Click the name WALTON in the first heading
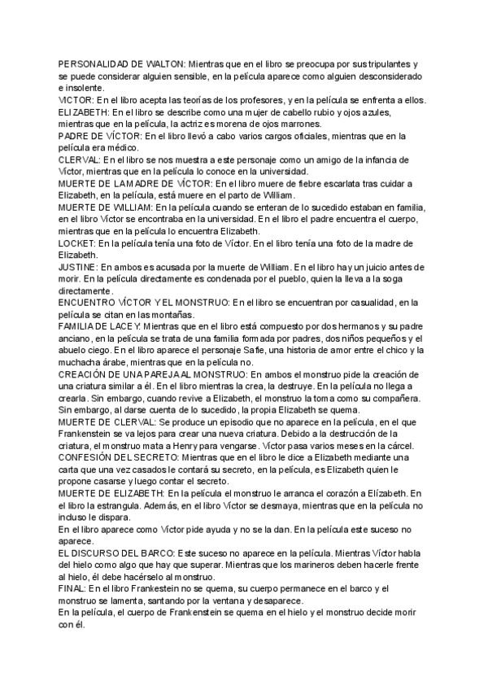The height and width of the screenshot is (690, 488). (161, 63)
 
